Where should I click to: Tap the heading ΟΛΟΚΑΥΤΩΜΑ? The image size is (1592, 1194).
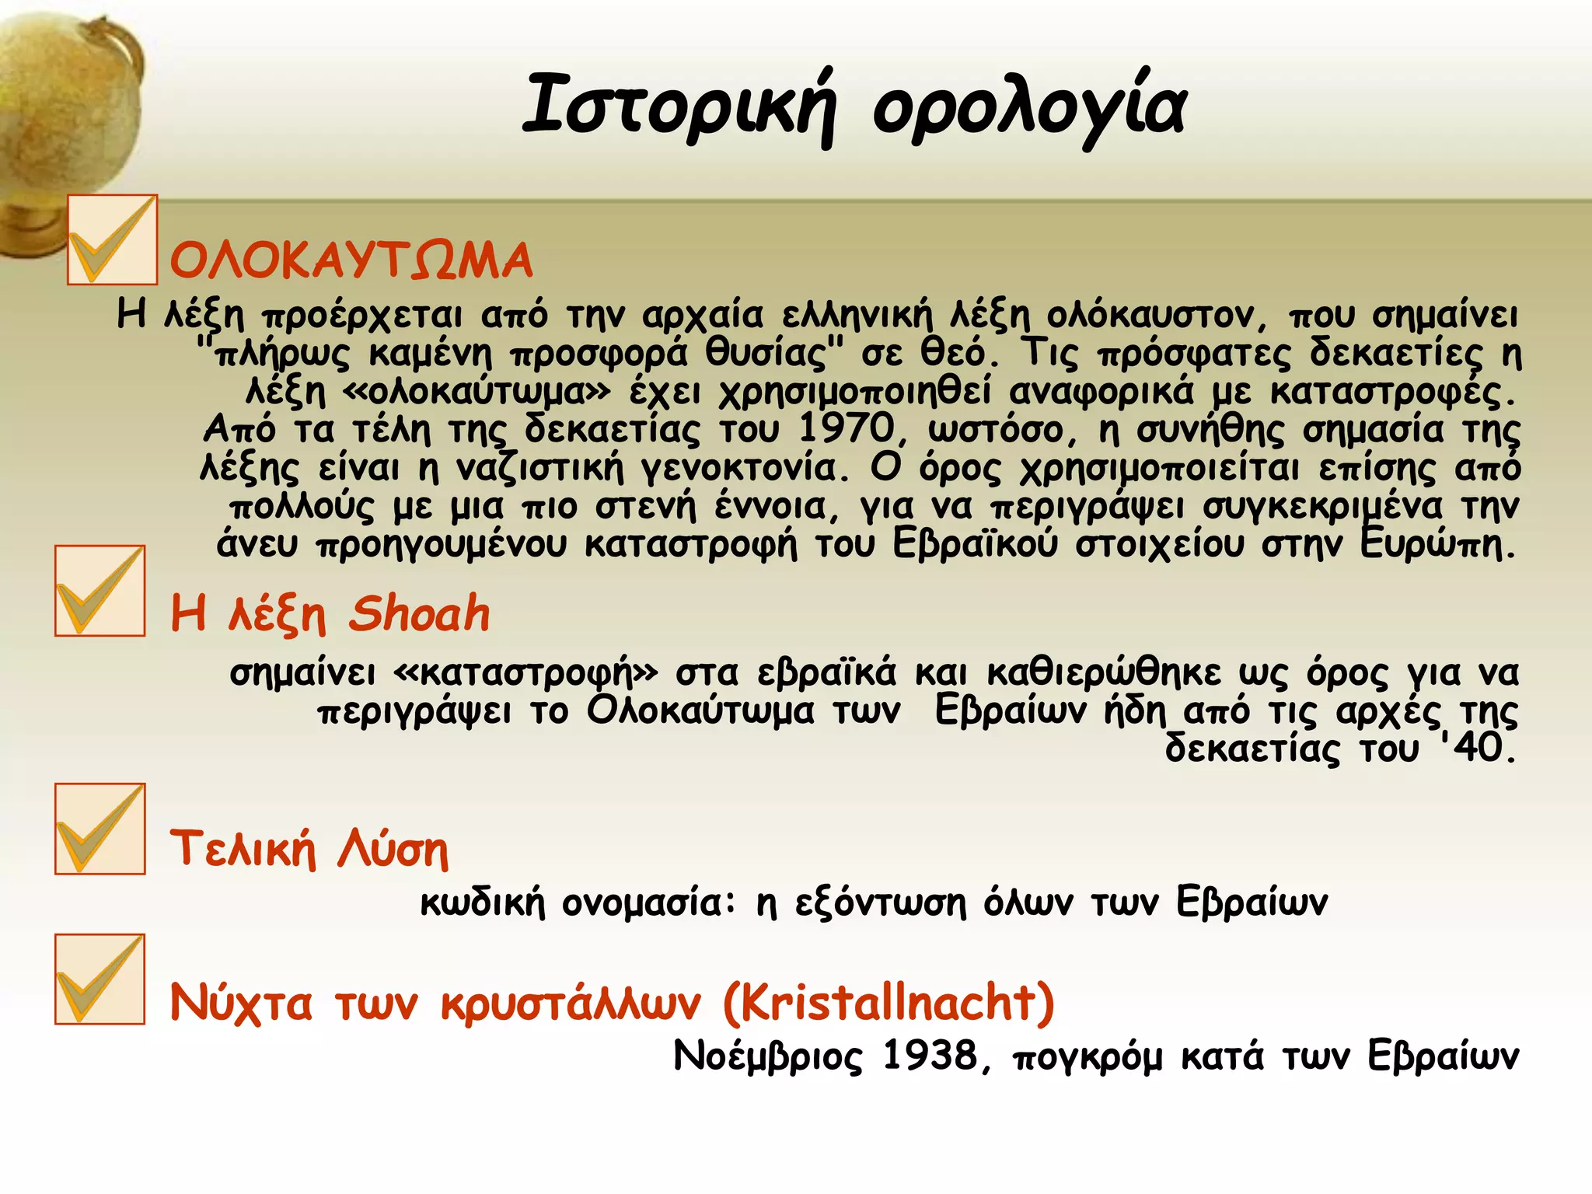click(351, 260)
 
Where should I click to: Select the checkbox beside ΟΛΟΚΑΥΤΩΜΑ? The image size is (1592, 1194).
click(112, 240)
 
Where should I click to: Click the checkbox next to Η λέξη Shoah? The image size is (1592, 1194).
click(99, 591)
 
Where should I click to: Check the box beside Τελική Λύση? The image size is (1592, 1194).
click(99, 829)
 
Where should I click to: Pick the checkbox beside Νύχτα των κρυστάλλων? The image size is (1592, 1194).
click(99, 979)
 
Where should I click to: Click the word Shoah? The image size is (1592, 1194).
click(419, 614)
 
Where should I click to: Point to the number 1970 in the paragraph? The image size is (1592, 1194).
click(847, 428)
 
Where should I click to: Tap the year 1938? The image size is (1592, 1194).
click(930, 1056)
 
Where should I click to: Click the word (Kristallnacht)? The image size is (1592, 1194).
click(889, 1003)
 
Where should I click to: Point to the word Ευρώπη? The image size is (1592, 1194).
click(1437, 544)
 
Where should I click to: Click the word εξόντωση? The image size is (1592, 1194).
click(881, 903)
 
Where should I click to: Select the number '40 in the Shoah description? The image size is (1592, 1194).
click(1475, 748)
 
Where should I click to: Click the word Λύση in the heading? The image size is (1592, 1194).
click(393, 849)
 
